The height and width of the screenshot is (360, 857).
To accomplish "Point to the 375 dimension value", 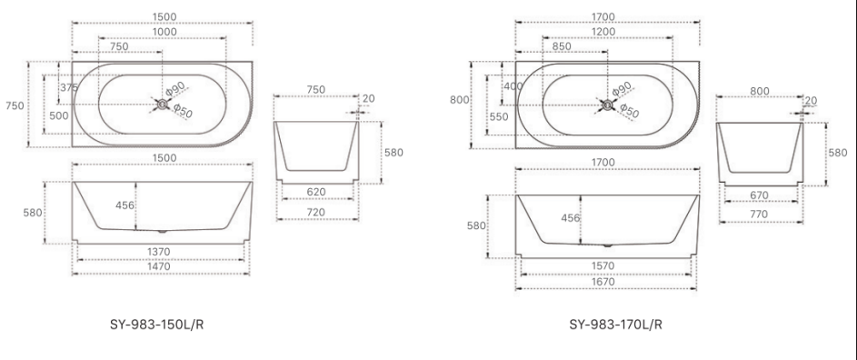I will pyautogui.click(x=69, y=87).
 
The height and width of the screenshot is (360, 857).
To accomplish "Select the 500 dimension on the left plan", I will pyautogui.click(x=58, y=116).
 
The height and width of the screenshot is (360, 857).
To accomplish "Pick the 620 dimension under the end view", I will pyautogui.click(x=316, y=193).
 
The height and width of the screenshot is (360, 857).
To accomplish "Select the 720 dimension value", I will pyautogui.click(x=316, y=211).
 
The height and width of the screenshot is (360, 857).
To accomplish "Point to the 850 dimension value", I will pyautogui.click(x=561, y=45).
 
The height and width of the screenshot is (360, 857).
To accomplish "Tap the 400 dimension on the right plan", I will pyautogui.click(x=513, y=85).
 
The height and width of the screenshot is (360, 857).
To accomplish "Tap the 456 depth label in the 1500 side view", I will pyautogui.click(x=125, y=205).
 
